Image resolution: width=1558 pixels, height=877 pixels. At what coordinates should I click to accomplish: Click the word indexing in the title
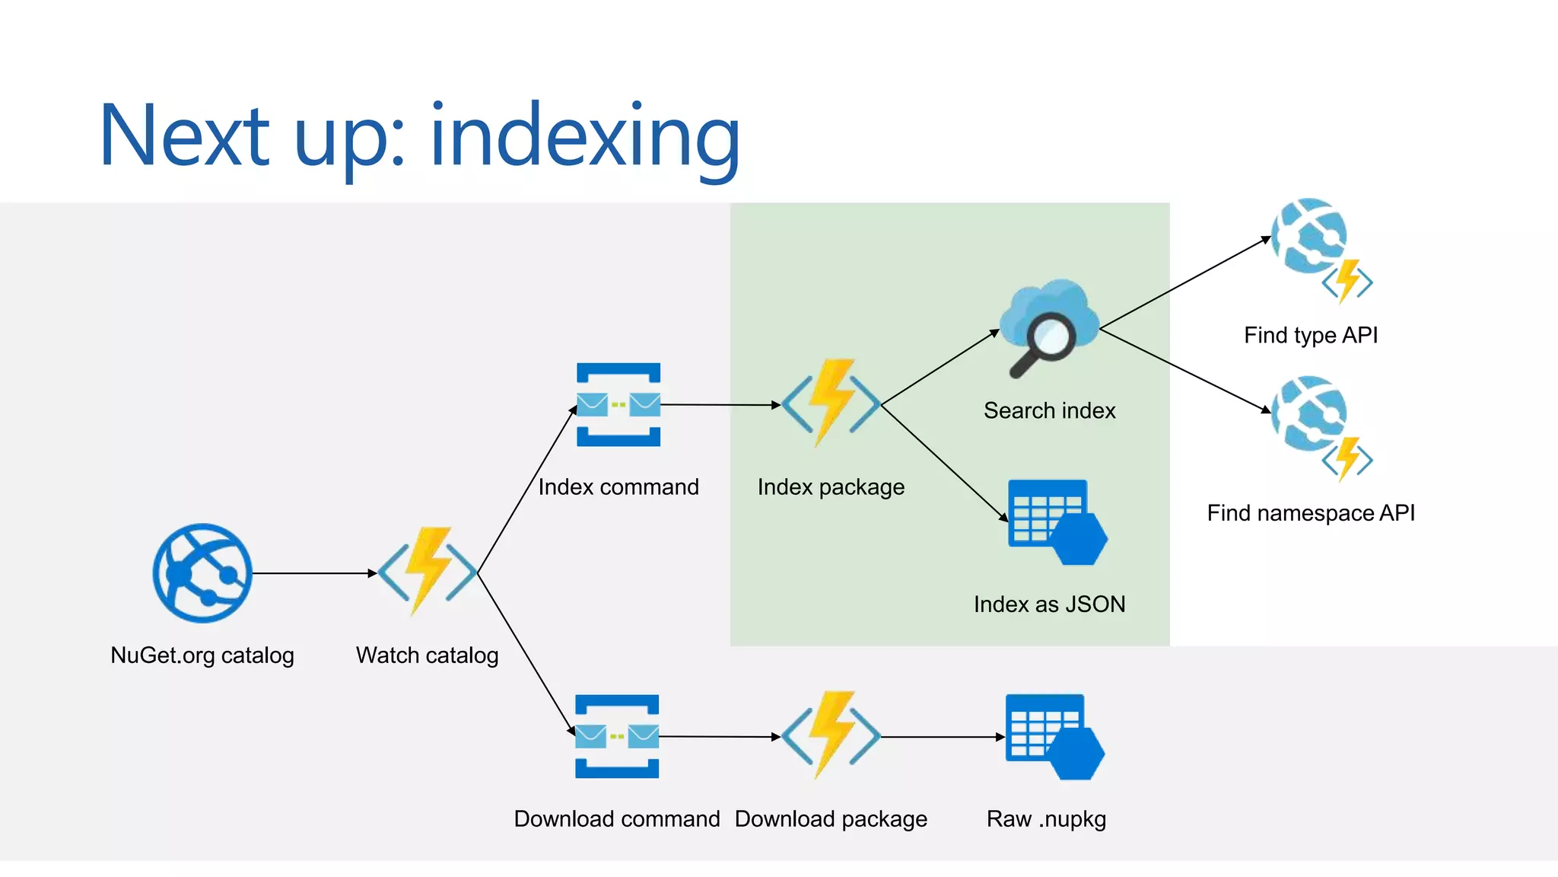click(584, 137)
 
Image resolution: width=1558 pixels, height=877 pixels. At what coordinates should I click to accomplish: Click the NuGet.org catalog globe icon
click(202, 573)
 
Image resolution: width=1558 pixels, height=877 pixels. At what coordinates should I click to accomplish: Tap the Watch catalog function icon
click(428, 571)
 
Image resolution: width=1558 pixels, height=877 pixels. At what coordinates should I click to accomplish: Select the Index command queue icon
click(618, 404)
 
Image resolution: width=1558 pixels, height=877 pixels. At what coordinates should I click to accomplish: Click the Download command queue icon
click(617, 736)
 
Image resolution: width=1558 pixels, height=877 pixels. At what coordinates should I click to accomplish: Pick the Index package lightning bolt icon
click(831, 403)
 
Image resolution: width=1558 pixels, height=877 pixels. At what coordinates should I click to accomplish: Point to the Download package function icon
click(831, 735)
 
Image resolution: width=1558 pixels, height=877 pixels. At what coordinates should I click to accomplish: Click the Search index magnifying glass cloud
click(1048, 327)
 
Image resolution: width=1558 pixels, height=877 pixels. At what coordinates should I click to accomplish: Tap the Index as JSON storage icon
click(1056, 522)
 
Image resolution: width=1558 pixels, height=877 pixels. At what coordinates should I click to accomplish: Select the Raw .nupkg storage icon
click(1054, 737)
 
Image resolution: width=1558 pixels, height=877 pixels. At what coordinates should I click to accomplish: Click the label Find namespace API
click(1311, 513)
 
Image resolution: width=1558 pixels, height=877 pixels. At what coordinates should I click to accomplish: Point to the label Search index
click(1049, 411)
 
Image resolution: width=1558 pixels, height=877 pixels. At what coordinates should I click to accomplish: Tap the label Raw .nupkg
click(1046, 819)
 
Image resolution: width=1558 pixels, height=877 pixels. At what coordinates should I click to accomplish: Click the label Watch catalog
click(428, 655)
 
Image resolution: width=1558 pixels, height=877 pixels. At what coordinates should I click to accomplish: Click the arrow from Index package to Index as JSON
click(943, 463)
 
